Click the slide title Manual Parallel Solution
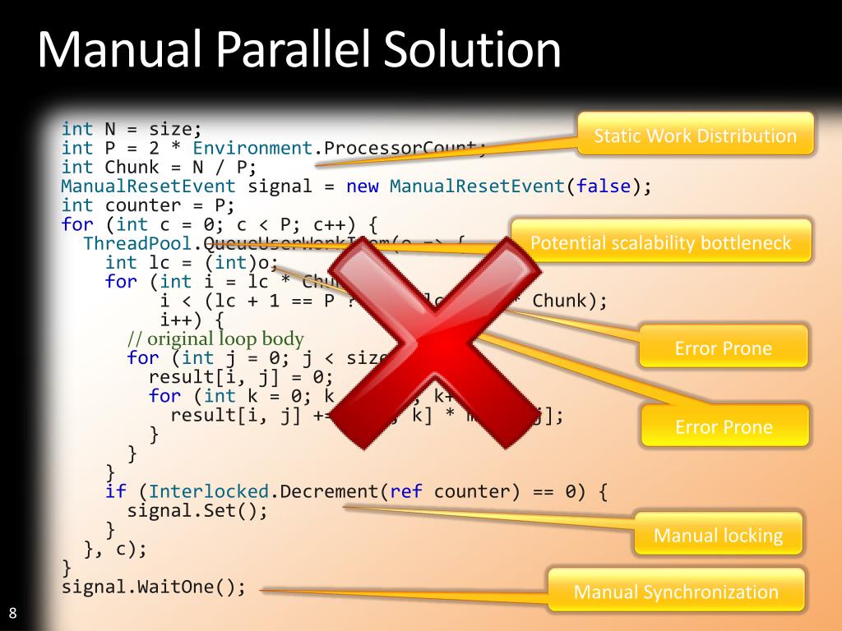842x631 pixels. coord(299,51)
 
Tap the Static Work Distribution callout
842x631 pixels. coord(695,136)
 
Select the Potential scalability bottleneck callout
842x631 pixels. coord(660,242)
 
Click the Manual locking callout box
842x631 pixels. coord(718,536)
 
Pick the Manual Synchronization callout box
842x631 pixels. coord(675,592)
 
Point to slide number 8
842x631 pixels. coord(13,612)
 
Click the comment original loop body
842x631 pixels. coord(215,339)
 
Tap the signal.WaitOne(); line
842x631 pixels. coord(154,587)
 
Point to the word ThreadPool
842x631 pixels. coord(137,243)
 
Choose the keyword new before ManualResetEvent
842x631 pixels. coord(363,186)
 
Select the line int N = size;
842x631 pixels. coord(132,129)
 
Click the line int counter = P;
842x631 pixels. coord(148,205)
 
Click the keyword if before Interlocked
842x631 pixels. coord(116,491)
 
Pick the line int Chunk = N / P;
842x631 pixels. coord(160,167)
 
